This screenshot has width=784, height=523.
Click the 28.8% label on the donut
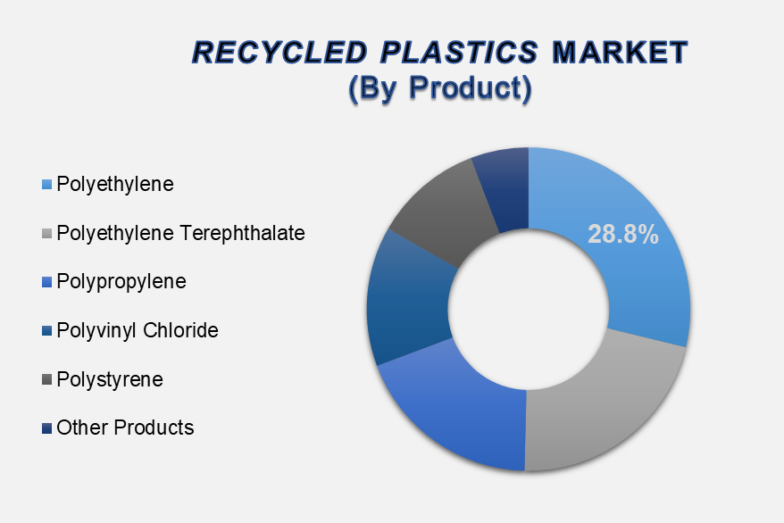click(x=623, y=234)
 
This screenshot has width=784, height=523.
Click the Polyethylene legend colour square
click(x=47, y=185)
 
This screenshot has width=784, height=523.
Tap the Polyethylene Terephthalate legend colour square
click(x=47, y=234)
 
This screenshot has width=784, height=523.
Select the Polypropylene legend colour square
click(x=47, y=282)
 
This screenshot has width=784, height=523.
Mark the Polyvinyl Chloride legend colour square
click(x=47, y=331)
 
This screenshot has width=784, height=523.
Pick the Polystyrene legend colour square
click(x=47, y=380)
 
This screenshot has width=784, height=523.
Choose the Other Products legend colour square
click(x=47, y=428)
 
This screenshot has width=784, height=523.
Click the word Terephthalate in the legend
click(x=243, y=233)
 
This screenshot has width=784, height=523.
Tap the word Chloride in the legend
click(x=180, y=331)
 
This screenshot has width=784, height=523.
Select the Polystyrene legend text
click(x=110, y=379)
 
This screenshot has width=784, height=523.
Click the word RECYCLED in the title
click(x=280, y=53)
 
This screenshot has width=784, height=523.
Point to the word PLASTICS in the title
click(x=459, y=53)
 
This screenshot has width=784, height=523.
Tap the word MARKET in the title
click(x=620, y=53)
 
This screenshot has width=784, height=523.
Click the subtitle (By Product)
click(x=440, y=88)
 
